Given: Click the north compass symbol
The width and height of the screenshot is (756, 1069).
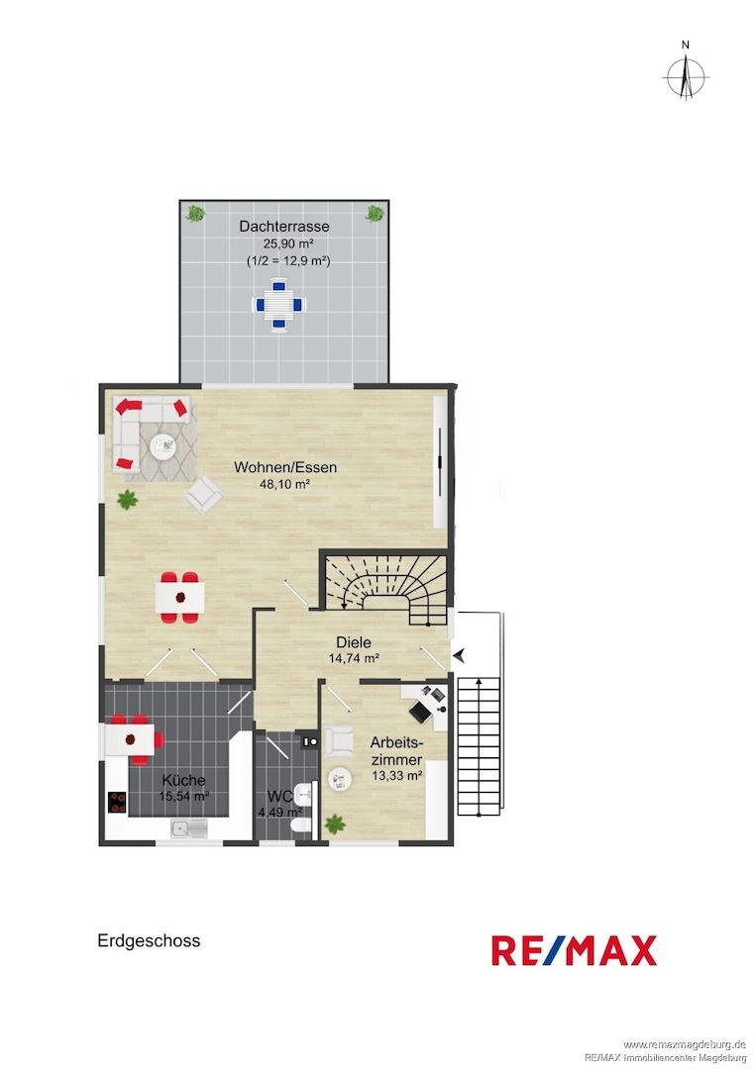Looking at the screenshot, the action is point(686,73).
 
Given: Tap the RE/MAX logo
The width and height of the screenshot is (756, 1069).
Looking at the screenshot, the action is point(574,950).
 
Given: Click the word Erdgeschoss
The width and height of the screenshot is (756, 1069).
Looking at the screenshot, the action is point(149,941).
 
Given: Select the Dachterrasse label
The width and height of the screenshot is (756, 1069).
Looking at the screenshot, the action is point(283,227).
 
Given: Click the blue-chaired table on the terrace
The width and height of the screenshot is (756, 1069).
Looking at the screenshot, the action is point(278,305).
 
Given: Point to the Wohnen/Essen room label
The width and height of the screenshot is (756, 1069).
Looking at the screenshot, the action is point(285,467).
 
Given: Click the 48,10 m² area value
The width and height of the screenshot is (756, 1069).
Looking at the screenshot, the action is point(285,485).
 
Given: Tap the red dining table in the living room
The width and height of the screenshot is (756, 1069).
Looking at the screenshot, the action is point(180,597).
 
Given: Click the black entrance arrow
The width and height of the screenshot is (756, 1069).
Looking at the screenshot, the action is point(460,655).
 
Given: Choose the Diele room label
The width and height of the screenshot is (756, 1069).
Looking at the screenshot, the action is point(354,642).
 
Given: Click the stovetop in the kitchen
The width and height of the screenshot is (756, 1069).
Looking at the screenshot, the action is point(117,802).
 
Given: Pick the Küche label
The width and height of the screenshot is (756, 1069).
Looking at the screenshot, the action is point(183,780).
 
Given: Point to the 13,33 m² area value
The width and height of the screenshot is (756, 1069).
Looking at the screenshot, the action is point(397,775).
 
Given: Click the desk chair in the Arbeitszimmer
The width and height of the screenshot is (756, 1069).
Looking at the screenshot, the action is point(419,711).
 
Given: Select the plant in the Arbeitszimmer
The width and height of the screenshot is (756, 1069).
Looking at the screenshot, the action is point(334,825).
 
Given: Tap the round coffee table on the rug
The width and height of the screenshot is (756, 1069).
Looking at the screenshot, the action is point(163,445).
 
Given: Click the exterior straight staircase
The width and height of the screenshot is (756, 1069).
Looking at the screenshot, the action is point(481,746).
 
